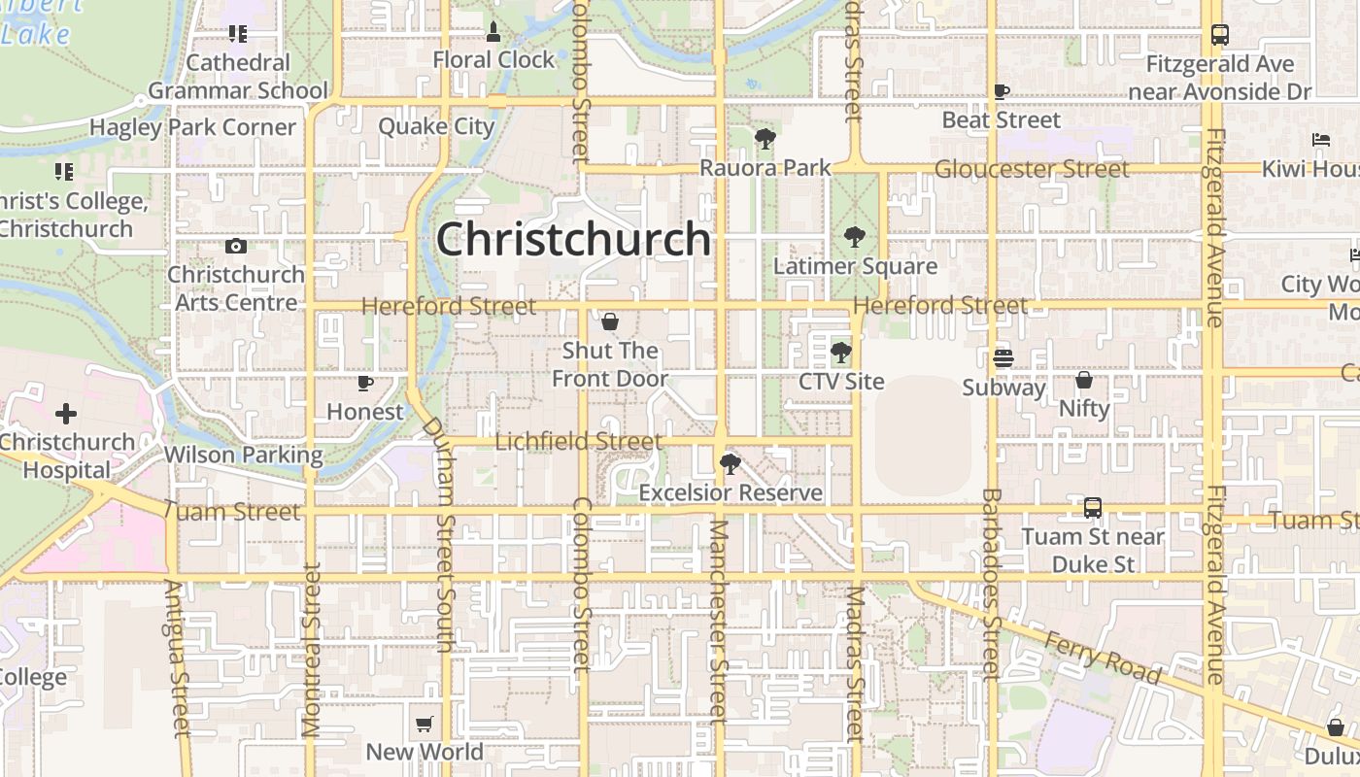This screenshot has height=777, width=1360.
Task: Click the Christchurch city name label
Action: (573, 239)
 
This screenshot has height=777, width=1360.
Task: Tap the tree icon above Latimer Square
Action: (855, 236)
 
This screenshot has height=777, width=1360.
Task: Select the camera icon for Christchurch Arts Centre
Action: (235, 247)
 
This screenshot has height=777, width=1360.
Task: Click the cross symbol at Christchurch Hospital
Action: (66, 415)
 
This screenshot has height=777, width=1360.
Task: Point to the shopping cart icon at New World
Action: (425, 724)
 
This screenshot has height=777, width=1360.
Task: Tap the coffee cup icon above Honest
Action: (365, 384)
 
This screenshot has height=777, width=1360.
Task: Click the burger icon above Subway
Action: (1003, 358)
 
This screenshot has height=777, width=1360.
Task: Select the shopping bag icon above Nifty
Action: (1084, 380)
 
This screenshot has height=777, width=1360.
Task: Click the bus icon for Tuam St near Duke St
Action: (1093, 508)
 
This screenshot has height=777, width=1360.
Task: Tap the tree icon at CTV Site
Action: (841, 353)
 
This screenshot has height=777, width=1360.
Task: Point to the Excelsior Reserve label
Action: (731, 493)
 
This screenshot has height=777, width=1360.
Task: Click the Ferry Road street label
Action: (1103, 658)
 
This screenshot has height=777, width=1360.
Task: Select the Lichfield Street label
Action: (579, 442)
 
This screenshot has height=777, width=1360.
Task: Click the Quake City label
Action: (436, 126)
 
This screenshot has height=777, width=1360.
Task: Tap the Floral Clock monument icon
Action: (493, 32)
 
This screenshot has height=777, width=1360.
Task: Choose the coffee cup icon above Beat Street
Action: (1002, 92)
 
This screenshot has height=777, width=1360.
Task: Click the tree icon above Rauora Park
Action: (765, 139)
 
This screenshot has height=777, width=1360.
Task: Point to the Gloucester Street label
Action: (1032, 169)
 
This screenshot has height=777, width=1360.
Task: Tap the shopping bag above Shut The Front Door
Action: (610, 321)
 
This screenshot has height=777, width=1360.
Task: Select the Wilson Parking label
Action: (243, 455)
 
